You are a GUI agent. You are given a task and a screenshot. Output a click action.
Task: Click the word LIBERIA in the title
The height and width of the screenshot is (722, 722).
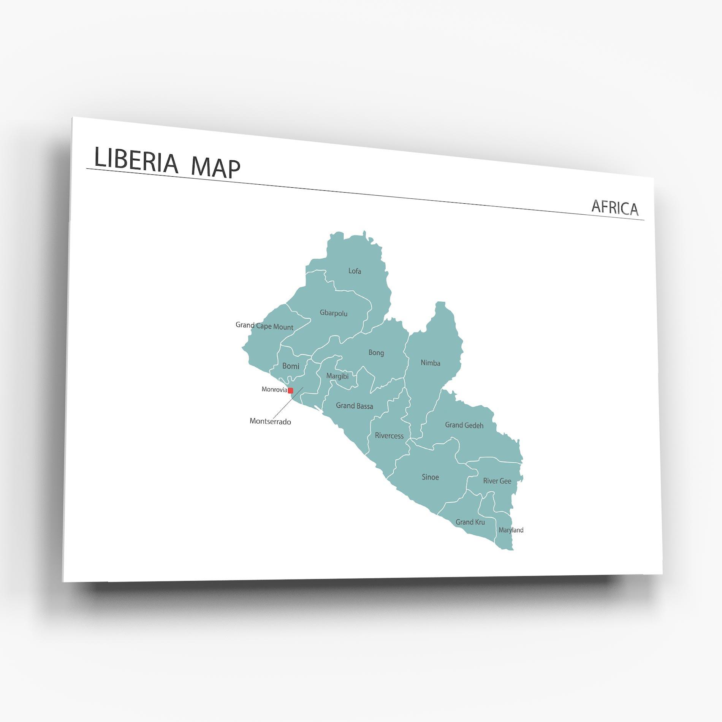coord(136,161)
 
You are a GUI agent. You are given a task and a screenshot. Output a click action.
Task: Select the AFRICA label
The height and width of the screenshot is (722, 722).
coord(614,207)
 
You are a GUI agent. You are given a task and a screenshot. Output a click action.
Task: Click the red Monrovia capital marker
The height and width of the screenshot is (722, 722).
coord(291,390)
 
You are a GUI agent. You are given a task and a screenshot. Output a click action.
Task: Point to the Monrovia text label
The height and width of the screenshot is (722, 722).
coord(274,389)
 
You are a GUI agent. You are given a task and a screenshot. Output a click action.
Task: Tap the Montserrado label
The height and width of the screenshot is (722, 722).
coord(270,421)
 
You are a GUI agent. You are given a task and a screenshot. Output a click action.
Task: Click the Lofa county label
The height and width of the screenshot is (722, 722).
coord(355,271)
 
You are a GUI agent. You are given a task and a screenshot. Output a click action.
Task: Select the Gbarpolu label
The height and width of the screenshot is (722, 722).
coord(333,313)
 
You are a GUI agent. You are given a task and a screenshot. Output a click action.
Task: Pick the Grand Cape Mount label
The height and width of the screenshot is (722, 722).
coord(264,326)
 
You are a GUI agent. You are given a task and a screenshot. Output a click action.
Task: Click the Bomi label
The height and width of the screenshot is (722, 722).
coord(291,366)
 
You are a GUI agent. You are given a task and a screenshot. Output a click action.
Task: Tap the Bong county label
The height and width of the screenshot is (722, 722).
coord(376,353)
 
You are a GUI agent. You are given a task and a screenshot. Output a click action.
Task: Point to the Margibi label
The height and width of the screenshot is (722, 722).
coord(337,376)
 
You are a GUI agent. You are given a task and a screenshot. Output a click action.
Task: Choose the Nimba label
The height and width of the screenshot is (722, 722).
coord(430,363)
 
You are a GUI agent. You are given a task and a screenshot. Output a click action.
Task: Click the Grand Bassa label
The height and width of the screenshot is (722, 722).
coord(354,406)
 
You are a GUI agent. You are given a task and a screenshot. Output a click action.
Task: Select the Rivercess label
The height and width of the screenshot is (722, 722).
coord(389,435)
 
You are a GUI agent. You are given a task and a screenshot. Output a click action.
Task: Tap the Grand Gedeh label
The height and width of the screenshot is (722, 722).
coord(464,425)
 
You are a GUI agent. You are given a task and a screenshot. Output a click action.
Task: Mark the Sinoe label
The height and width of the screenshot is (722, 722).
coord(430,477)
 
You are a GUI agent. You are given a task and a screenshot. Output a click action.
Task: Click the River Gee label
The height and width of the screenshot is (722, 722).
coord(497,481)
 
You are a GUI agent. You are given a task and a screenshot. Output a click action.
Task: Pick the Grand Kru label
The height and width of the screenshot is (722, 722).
coord(470,522)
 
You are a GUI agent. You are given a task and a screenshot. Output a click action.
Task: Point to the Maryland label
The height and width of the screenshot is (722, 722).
coord(511,530)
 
